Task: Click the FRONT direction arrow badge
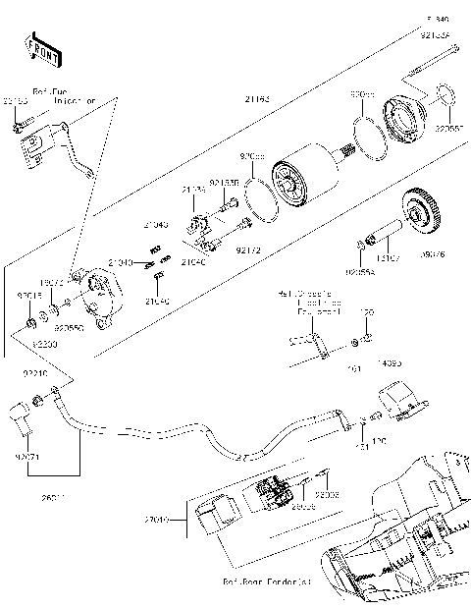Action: coord(38,47)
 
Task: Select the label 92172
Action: coord(249,251)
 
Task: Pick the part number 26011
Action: coord(27,498)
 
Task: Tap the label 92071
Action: coord(26,456)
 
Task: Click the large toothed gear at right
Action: coord(428,213)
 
